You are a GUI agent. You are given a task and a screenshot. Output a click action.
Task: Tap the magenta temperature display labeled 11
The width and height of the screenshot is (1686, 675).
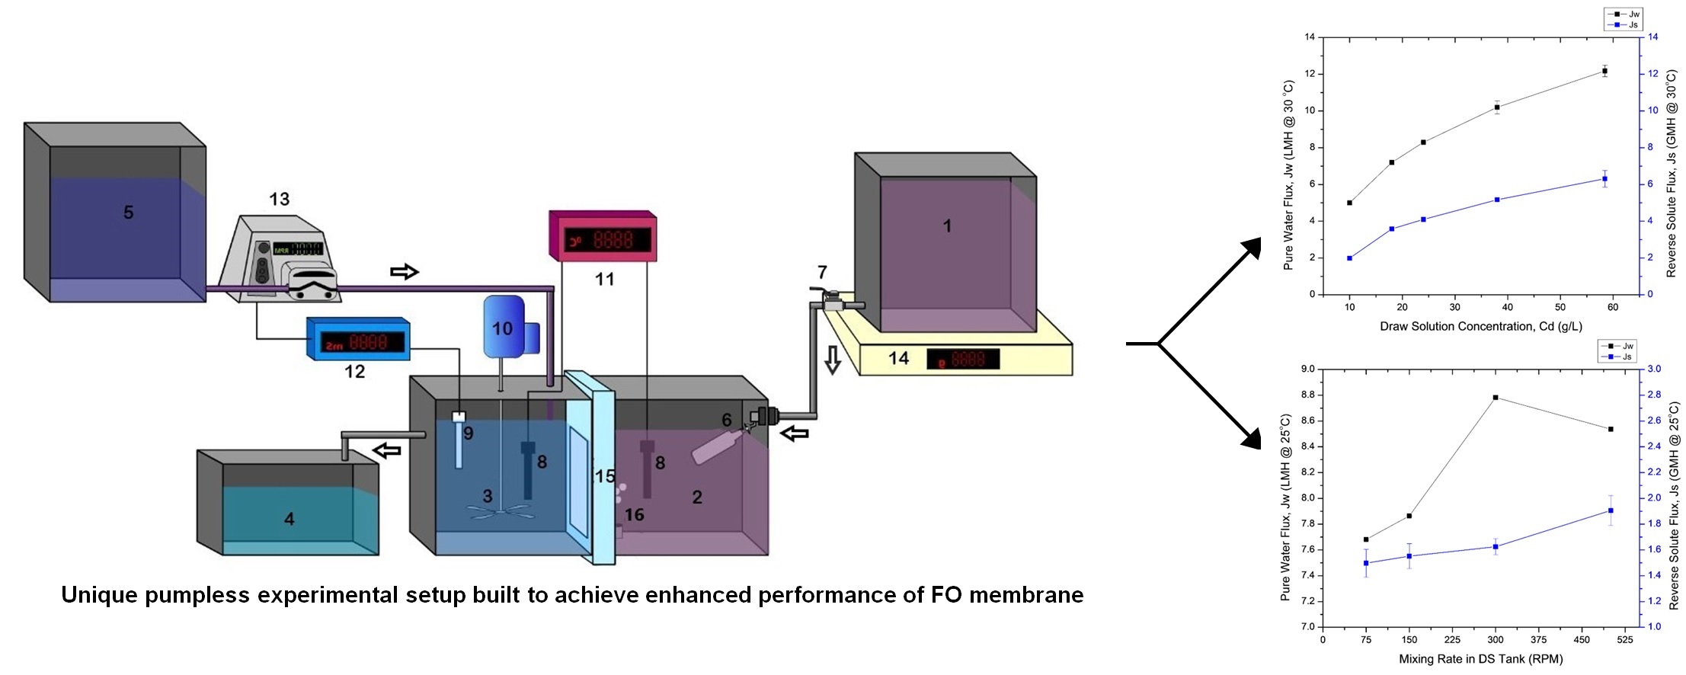[603, 237]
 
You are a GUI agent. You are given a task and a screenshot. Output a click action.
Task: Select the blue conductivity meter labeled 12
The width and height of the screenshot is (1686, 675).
[358, 340]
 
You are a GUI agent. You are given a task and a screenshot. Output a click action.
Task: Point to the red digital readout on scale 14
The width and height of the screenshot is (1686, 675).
[963, 359]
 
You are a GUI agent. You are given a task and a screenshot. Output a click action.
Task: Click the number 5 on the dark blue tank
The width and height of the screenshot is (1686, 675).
[128, 213]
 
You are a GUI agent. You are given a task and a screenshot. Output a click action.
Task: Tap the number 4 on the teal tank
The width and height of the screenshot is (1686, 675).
[289, 520]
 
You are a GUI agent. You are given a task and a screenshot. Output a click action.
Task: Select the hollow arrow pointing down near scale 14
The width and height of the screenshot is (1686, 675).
[833, 360]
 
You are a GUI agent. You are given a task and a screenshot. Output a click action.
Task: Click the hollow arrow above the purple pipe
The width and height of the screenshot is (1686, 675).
[405, 272]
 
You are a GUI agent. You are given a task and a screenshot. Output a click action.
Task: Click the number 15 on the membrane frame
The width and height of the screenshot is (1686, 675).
[605, 477]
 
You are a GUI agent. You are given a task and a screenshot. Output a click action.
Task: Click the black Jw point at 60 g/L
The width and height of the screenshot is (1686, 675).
[1604, 72]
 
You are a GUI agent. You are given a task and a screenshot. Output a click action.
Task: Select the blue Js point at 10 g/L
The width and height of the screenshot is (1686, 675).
[1350, 258]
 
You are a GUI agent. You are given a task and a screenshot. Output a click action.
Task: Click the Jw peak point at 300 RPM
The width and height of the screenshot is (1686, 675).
[1496, 398]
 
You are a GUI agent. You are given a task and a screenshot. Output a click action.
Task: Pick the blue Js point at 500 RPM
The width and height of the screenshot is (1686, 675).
[1611, 510]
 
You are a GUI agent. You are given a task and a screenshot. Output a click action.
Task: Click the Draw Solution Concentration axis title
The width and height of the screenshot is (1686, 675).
[1480, 327]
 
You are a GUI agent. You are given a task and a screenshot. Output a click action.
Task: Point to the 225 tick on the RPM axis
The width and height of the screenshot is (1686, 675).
[1452, 640]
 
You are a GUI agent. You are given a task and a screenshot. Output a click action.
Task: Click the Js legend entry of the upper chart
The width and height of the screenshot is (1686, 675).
[1623, 25]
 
